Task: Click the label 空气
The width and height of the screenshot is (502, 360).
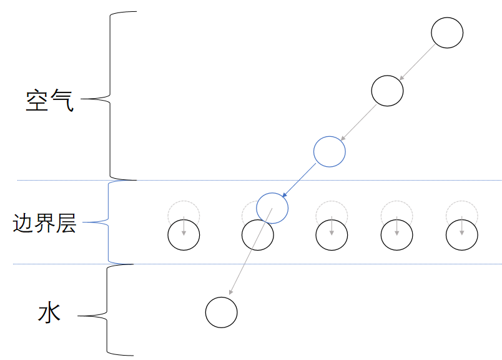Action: (x=50, y=100)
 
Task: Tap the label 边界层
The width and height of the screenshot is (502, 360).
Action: (x=44, y=223)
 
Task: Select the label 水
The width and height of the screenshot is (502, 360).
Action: (x=49, y=312)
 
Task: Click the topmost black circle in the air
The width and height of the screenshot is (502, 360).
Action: (x=447, y=33)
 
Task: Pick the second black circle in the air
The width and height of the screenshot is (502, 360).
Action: (x=387, y=91)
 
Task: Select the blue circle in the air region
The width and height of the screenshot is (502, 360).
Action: (x=329, y=151)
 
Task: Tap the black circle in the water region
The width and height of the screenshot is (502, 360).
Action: (x=222, y=312)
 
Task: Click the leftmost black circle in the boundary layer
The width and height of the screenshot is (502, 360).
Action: (x=184, y=236)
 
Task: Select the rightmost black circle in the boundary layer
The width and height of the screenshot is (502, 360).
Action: (x=462, y=236)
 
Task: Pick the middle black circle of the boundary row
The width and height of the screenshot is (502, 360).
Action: (x=332, y=236)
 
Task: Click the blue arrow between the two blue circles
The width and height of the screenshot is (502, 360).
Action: (x=300, y=179)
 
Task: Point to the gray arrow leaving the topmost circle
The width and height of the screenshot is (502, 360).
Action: (x=417, y=62)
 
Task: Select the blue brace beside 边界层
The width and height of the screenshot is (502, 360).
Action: (x=109, y=222)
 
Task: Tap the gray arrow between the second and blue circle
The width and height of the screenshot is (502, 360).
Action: (x=358, y=122)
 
